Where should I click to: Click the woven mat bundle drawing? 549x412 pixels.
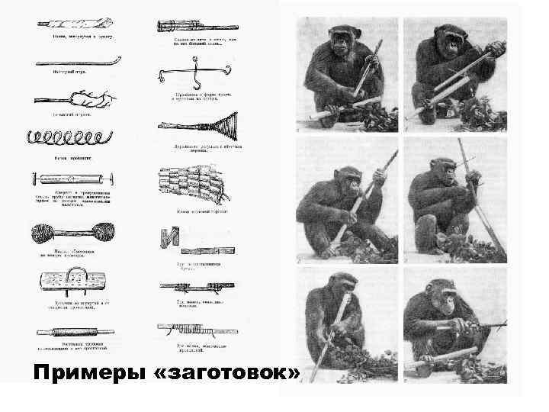191,183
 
